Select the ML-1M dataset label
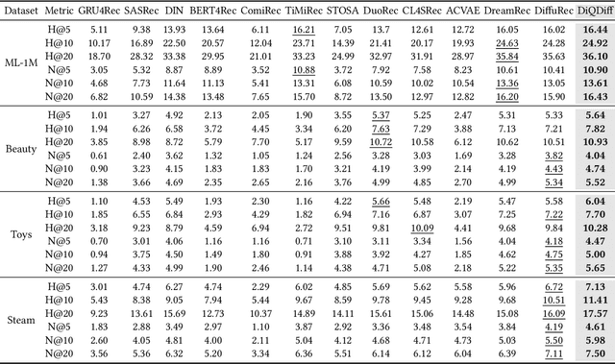click(x=21, y=63)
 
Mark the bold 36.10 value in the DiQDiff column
click(x=595, y=57)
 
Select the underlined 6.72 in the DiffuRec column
click(x=553, y=285)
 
